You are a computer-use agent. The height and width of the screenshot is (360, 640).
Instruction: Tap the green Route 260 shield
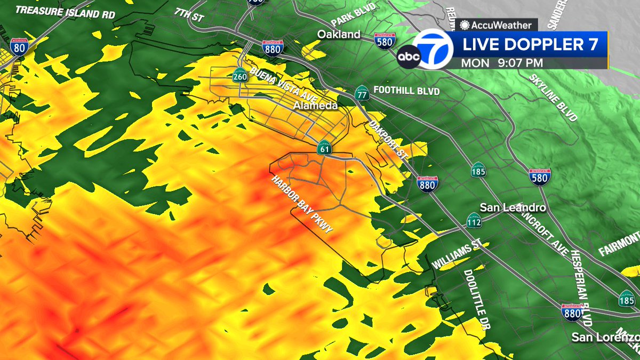[239, 76]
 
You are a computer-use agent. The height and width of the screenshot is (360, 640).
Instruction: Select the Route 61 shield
[324, 149]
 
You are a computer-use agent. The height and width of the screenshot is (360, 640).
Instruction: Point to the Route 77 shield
[362, 95]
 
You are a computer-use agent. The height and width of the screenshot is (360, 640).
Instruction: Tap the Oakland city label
[339, 35]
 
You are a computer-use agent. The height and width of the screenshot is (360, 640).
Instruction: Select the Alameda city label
[315, 106]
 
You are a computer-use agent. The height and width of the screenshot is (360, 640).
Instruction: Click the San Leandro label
[506, 207]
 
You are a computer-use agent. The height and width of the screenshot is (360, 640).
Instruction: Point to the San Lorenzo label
[605, 337]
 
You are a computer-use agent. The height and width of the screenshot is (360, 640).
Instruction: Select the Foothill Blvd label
[406, 91]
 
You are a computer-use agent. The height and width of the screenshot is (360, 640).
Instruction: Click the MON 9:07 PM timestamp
[502, 62]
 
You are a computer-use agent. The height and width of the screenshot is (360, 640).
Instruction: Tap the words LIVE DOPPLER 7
[530, 45]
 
